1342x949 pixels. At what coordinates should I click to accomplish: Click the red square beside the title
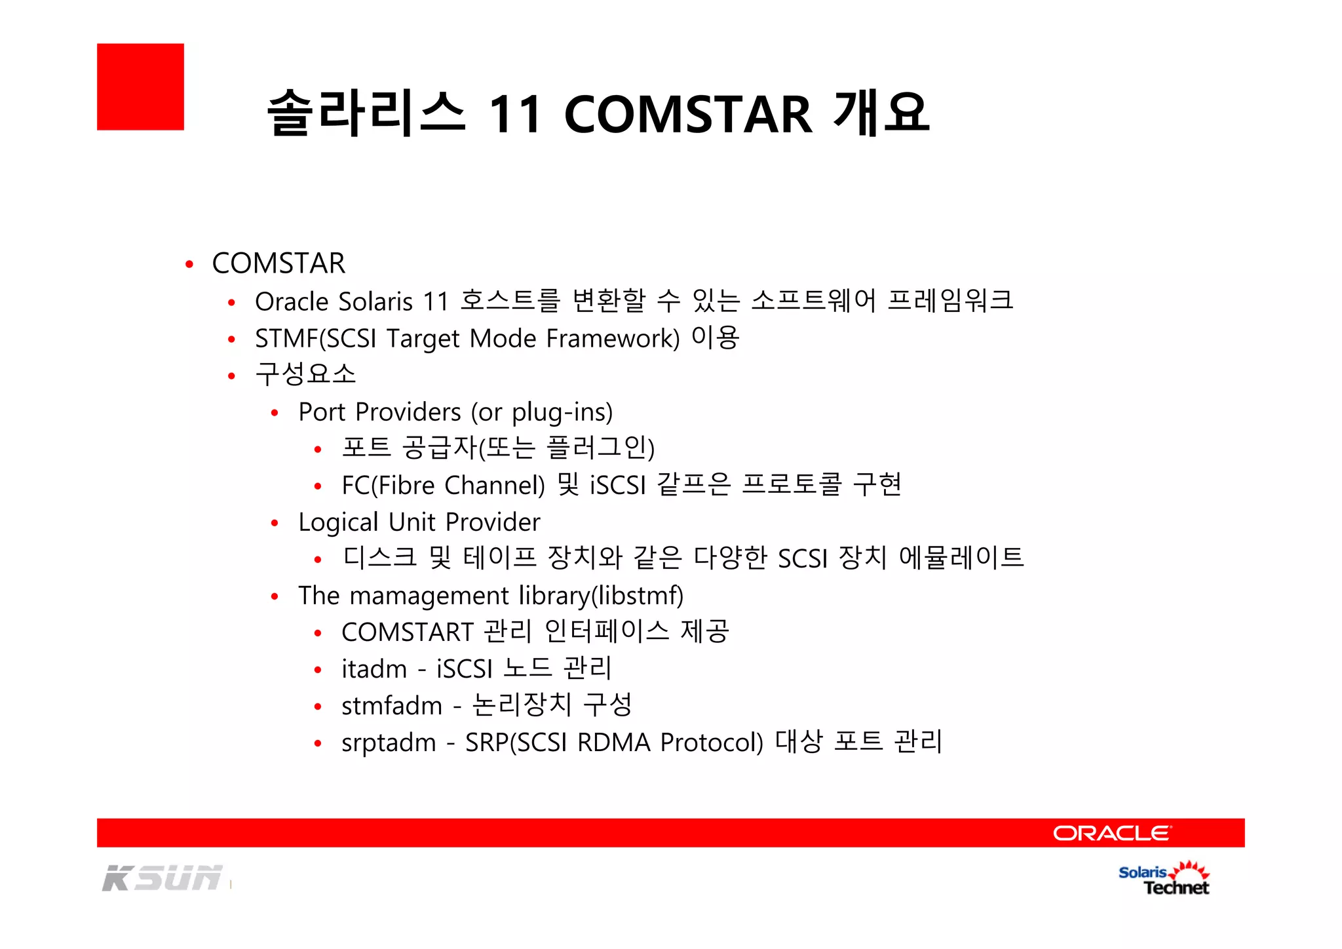pyautogui.click(x=140, y=87)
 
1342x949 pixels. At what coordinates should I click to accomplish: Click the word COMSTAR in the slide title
pyautogui.click(x=688, y=114)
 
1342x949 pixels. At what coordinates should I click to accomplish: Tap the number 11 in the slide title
pyautogui.click(x=515, y=114)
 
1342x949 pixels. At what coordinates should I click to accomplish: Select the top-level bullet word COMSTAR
pyautogui.click(x=278, y=263)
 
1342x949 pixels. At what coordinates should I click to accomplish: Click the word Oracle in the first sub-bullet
pyautogui.click(x=292, y=301)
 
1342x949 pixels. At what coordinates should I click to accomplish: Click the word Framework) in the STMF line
pyautogui.click(x=613, y=339)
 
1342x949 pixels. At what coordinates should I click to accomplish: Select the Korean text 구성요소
pyautogui.click(x=305, y=374)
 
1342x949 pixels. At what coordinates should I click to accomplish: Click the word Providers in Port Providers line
pyautogui.click(x=408, y=412)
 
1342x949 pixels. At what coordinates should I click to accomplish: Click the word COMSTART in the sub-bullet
pyautogui.click(x=407, y=632)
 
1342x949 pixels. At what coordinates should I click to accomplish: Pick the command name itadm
pyautogui.click(x=374, y=669)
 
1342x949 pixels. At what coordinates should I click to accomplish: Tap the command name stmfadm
pyautogui.click(x=392, y=706)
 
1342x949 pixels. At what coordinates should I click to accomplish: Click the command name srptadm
pyautogui.click(x=389, y=743)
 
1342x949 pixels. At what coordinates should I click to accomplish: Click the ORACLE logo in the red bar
pyautogui.click(x=1111, y=833)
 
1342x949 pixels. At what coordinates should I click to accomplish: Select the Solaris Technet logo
pyautogui.click(x=1164, y=879)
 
